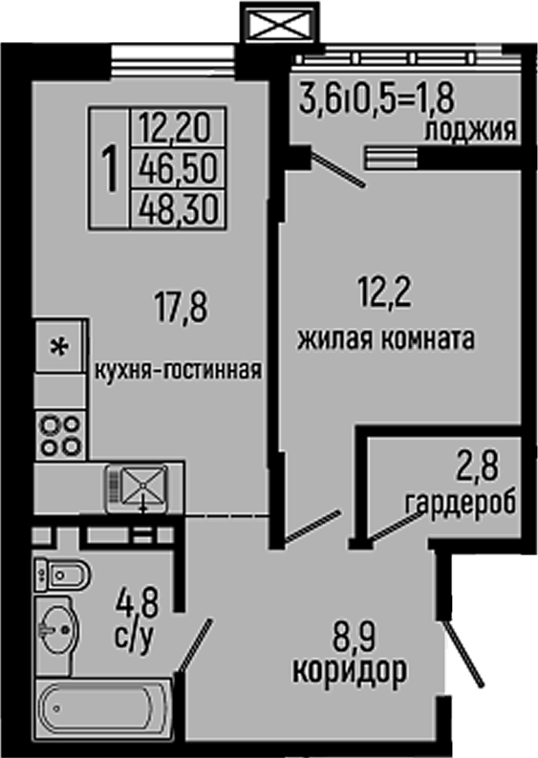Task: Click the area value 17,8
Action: pos(181,308)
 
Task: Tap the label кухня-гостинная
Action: pos(178,368)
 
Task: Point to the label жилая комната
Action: pos(386,339)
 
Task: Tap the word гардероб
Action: pos(461,502)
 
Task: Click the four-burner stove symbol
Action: pos(58,435)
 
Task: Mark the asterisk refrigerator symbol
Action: pos(58,348)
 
